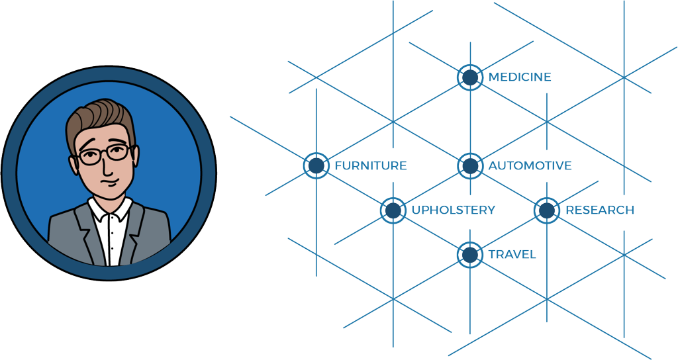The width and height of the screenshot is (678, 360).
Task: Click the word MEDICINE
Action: tap(520, 77)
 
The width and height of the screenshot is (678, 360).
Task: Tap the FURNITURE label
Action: tap(371, 165)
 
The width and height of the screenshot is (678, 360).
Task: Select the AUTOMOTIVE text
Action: tap(530, 165)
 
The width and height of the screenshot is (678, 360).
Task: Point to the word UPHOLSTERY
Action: tap(453, 210)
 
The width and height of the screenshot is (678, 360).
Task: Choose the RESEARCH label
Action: tap(600, 210)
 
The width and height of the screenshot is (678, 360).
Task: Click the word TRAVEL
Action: tap(512, 255)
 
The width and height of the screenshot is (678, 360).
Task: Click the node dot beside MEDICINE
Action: tap(470, 77)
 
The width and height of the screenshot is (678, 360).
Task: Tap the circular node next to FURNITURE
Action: tap(316, 165)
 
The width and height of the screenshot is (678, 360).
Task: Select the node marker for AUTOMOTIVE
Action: tap(470, 165)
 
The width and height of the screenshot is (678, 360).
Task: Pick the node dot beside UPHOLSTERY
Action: tap(393, 210)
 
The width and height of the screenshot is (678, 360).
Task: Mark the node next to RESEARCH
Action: tap(547, 210)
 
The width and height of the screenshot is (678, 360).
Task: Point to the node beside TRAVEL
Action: tap(470, 255)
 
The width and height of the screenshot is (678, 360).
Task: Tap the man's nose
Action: tap(106, 166)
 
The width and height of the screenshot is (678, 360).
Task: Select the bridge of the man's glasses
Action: tap(105, 153)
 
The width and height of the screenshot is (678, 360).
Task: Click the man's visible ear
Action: tap(73, 164)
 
